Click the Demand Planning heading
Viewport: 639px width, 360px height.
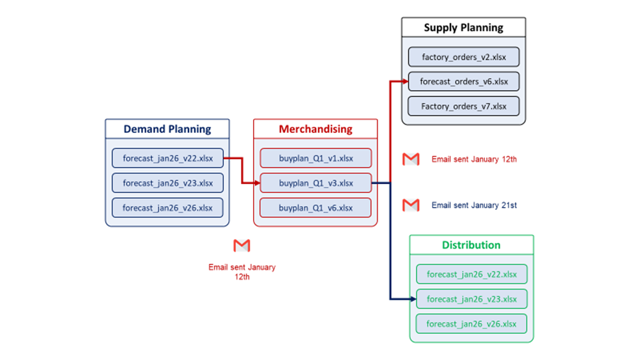[167, 129]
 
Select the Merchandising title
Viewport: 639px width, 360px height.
[315, 129]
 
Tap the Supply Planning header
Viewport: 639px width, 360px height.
[463, 27]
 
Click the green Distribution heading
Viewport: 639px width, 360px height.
[471, 245]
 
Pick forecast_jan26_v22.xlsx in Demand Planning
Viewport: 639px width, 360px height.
[167, 158]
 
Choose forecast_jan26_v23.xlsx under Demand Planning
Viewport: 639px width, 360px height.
[167, 183]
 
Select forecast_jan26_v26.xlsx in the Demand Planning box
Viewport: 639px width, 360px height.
[167, 208]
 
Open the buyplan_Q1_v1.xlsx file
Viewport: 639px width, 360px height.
[315, 158]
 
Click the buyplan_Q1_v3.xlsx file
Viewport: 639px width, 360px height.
[315, 183]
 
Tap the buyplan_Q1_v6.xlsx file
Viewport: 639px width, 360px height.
[315, 208]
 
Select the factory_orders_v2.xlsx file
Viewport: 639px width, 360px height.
[463, 57]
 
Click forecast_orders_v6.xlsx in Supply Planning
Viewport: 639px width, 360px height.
[463, 82]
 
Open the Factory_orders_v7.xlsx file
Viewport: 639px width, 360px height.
[463, 106]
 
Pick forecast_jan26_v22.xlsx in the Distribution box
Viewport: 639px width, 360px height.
[472, 274]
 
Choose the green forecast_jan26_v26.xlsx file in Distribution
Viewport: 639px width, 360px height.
[472, 324]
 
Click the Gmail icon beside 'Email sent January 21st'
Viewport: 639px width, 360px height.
[410, 205]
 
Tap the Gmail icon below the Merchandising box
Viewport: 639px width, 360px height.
[242, 246]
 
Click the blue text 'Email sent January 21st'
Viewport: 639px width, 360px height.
[474, 205]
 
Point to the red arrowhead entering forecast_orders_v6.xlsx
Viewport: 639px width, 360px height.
[404, 82]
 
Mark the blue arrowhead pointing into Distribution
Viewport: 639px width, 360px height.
[412, 299]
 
